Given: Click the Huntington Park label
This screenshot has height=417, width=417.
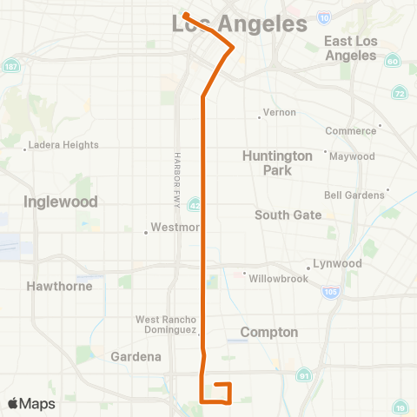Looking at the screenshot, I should coord(277,162).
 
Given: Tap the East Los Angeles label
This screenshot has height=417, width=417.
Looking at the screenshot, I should coord(350,48).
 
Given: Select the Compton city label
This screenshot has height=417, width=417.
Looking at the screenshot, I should coord(269,332).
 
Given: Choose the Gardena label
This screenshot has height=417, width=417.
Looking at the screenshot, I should coord(136,356).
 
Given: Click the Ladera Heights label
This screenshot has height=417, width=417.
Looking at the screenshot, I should coord(63,145).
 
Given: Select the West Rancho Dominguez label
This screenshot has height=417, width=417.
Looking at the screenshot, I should coord(170,325).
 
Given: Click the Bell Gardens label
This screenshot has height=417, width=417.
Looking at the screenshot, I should coord(354,195).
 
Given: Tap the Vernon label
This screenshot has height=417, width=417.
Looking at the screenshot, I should coord(279,112).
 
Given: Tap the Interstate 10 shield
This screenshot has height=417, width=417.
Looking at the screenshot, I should coord(323,17).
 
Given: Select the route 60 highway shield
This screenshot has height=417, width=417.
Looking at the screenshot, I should coord(392,62).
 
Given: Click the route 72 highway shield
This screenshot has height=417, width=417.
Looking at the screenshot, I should coord(399,92).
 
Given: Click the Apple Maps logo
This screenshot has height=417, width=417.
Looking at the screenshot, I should coord(31,403).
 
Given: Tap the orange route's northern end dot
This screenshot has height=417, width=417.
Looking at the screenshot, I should coord(186,15).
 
